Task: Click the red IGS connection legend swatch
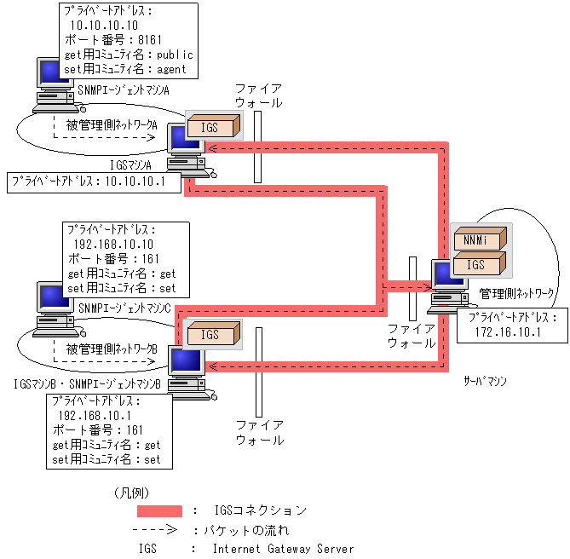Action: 159,510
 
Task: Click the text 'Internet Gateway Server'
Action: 283,550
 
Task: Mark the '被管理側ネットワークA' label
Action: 112,126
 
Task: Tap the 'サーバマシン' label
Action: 484,381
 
